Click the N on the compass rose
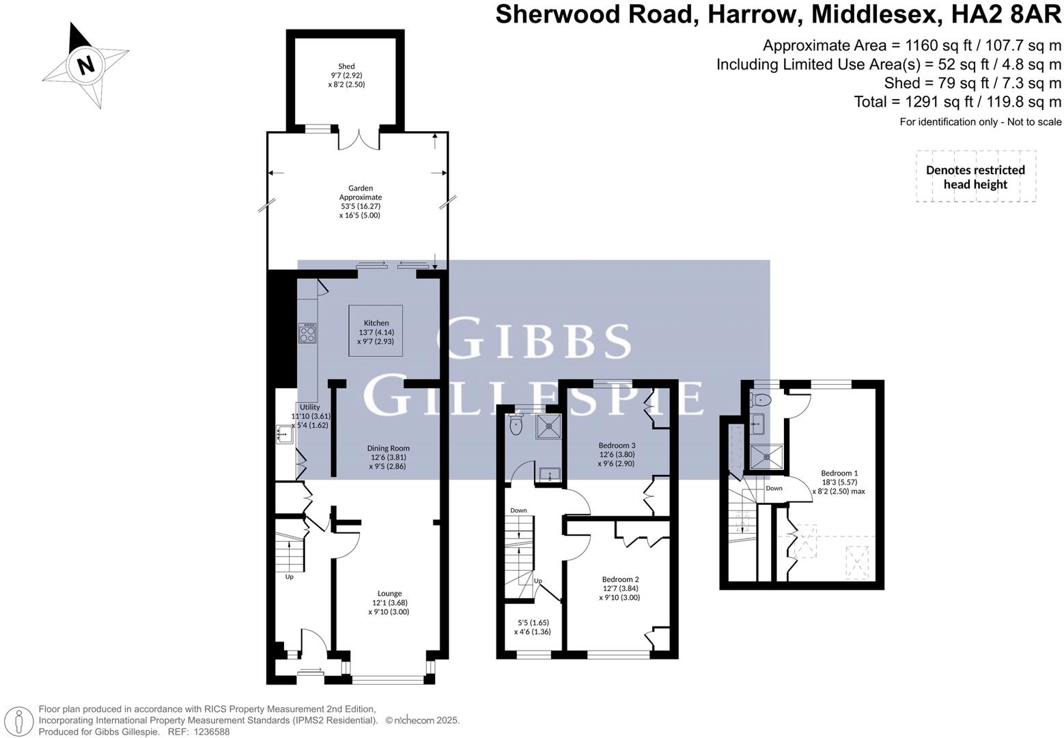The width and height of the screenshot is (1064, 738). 85,66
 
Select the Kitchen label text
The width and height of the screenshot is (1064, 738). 376,323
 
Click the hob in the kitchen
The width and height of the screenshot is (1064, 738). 307,333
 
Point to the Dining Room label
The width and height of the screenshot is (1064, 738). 390,448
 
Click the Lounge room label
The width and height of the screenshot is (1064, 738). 390,593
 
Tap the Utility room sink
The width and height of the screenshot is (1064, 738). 285,433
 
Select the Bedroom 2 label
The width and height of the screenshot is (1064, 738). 620,579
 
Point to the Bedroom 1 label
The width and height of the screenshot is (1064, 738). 839,473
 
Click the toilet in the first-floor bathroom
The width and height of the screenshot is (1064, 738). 516,425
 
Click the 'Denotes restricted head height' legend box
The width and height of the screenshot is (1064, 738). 975,176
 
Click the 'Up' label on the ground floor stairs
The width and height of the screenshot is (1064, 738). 289,577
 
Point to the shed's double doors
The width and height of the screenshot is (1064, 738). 359,139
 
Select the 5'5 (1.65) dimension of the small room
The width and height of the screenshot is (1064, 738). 533,623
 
